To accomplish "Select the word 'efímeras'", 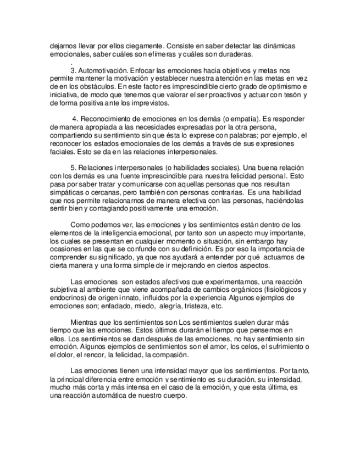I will pos(163,55).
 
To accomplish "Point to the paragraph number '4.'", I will pos(76,119).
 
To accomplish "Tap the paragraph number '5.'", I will pos(74,167).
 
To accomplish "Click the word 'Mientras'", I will pos(85,321).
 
